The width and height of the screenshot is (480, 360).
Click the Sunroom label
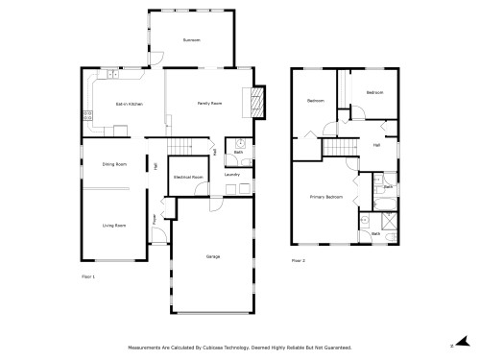tap(191, 39)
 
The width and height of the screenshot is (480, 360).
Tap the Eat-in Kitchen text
tap(129, 103)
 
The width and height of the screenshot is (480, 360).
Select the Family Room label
tap(209, 103)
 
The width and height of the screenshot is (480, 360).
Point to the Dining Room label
tap(114, 164)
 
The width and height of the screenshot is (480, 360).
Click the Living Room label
tap(114, 225)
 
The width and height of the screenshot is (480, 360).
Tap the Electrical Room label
tap(188, 177)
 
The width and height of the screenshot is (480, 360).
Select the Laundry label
tap(231, 175)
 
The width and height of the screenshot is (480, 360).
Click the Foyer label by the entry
tap(155, 219)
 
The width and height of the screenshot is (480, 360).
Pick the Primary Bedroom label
tap(326, 196)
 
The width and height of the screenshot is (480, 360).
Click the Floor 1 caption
tap(88, 276)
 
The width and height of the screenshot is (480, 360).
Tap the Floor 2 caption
tap(299, 260)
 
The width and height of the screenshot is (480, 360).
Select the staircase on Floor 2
tap(335, 146)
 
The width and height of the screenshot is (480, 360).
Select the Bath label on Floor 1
tap(238, 152)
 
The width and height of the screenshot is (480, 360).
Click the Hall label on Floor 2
tap(375, 145)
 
